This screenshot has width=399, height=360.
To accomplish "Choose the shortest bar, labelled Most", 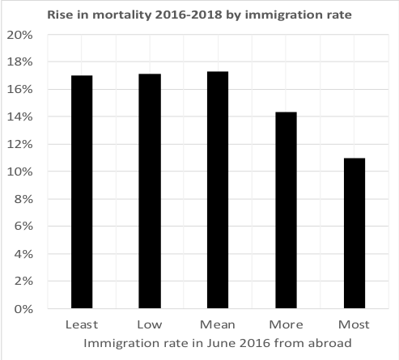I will pyautogui.click(x=354, y=233).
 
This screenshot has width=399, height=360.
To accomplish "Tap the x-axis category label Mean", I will pyautogui.click(x=219, y=324).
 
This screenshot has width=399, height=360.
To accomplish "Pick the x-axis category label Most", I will pyautogui.click(x=354, y=324).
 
